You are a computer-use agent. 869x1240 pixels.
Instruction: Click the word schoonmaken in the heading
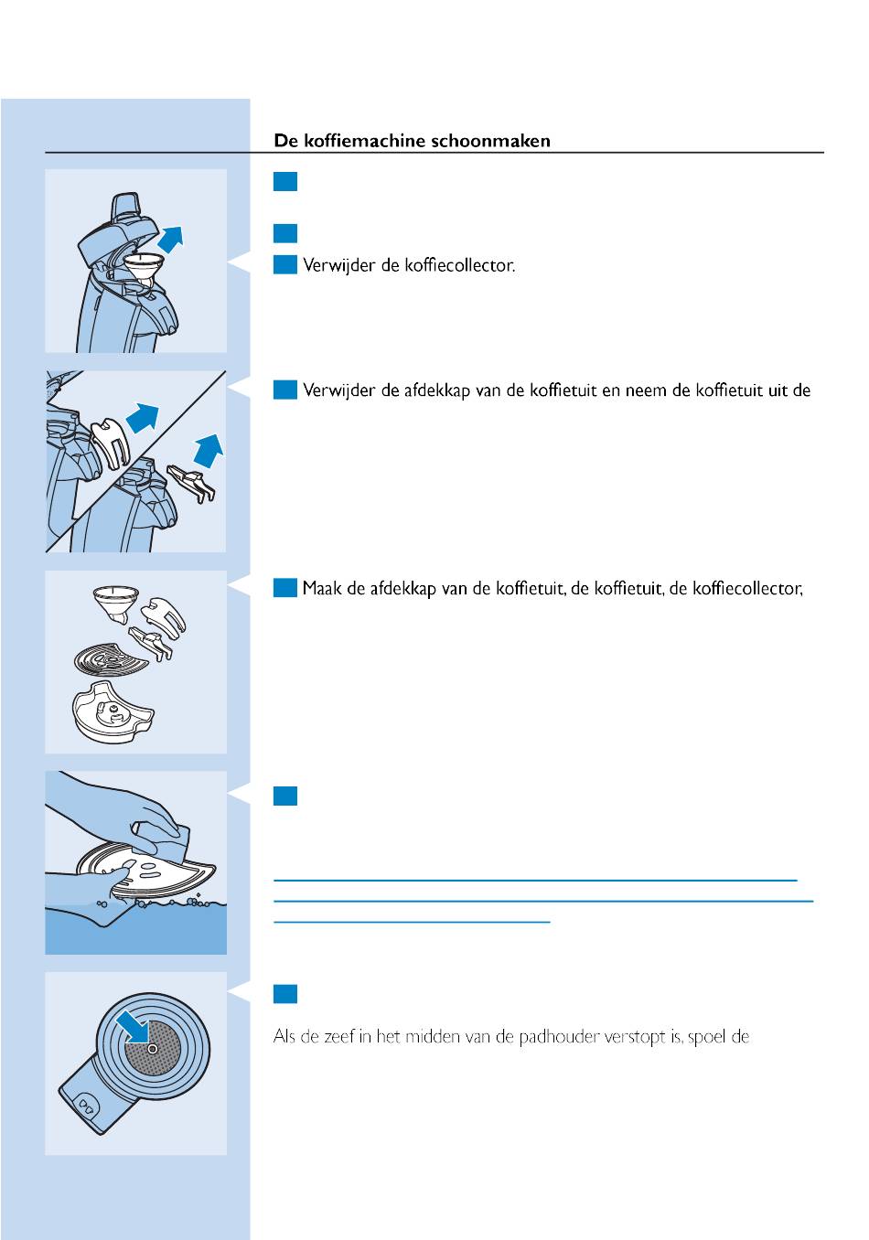click(x=490, y=141)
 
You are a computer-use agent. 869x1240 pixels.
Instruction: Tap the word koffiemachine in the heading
click(x=365, y=141)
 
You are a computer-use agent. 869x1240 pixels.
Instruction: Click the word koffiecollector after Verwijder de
click(x=460, y=266)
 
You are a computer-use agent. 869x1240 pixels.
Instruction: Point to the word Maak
click(x=322, y=588)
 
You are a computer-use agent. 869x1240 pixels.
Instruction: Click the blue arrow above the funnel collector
click(x=170, y=240)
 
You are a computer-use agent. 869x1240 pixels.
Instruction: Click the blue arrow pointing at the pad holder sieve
click(x=134, y=1025)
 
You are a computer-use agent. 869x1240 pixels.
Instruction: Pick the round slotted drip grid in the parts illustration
click(x=111, y=659)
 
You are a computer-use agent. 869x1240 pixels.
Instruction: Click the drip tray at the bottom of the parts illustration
click(x=113, y=712)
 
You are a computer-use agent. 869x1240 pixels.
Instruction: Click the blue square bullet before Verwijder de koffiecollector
click(x=285, y=264)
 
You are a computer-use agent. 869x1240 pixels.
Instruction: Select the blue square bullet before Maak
click(x=285, y=588)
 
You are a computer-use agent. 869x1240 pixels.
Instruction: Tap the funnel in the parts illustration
click(x=115, y=604)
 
